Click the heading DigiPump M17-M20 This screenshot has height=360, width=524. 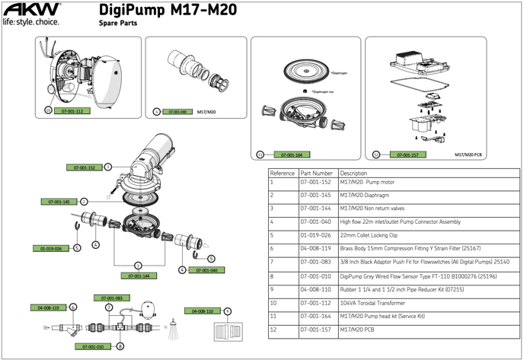(168, 10)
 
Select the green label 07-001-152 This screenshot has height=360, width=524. (84, 167)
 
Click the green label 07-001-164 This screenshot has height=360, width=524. (292, 155)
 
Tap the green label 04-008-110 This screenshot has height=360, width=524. (202, 311)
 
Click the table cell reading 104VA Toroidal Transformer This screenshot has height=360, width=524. (375, 303)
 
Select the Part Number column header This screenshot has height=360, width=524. (317, 174)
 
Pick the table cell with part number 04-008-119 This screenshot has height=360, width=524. (316, 248)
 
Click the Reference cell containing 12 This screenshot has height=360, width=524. (273, 331)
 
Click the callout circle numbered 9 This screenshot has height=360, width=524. (227, 311)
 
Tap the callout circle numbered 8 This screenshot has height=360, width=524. (120, 346)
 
